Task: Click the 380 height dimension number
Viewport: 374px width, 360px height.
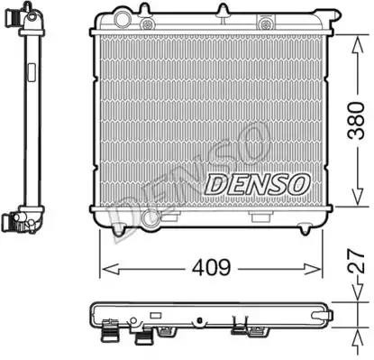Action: tap(356, 121)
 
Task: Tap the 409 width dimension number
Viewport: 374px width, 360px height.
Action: tap(212, 268)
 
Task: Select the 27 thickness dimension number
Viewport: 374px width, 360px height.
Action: tap(356, 262)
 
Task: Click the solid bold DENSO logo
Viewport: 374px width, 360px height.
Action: tap(258, 183)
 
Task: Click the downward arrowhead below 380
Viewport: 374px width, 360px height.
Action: tap(358, 196)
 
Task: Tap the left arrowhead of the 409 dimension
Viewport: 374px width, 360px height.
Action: tap(111, 269)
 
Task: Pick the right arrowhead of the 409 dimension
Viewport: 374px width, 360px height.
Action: tap(313, 269)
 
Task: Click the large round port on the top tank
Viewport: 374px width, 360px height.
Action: tap(122, 19)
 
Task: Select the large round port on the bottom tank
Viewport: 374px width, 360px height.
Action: tap(150, 218)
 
